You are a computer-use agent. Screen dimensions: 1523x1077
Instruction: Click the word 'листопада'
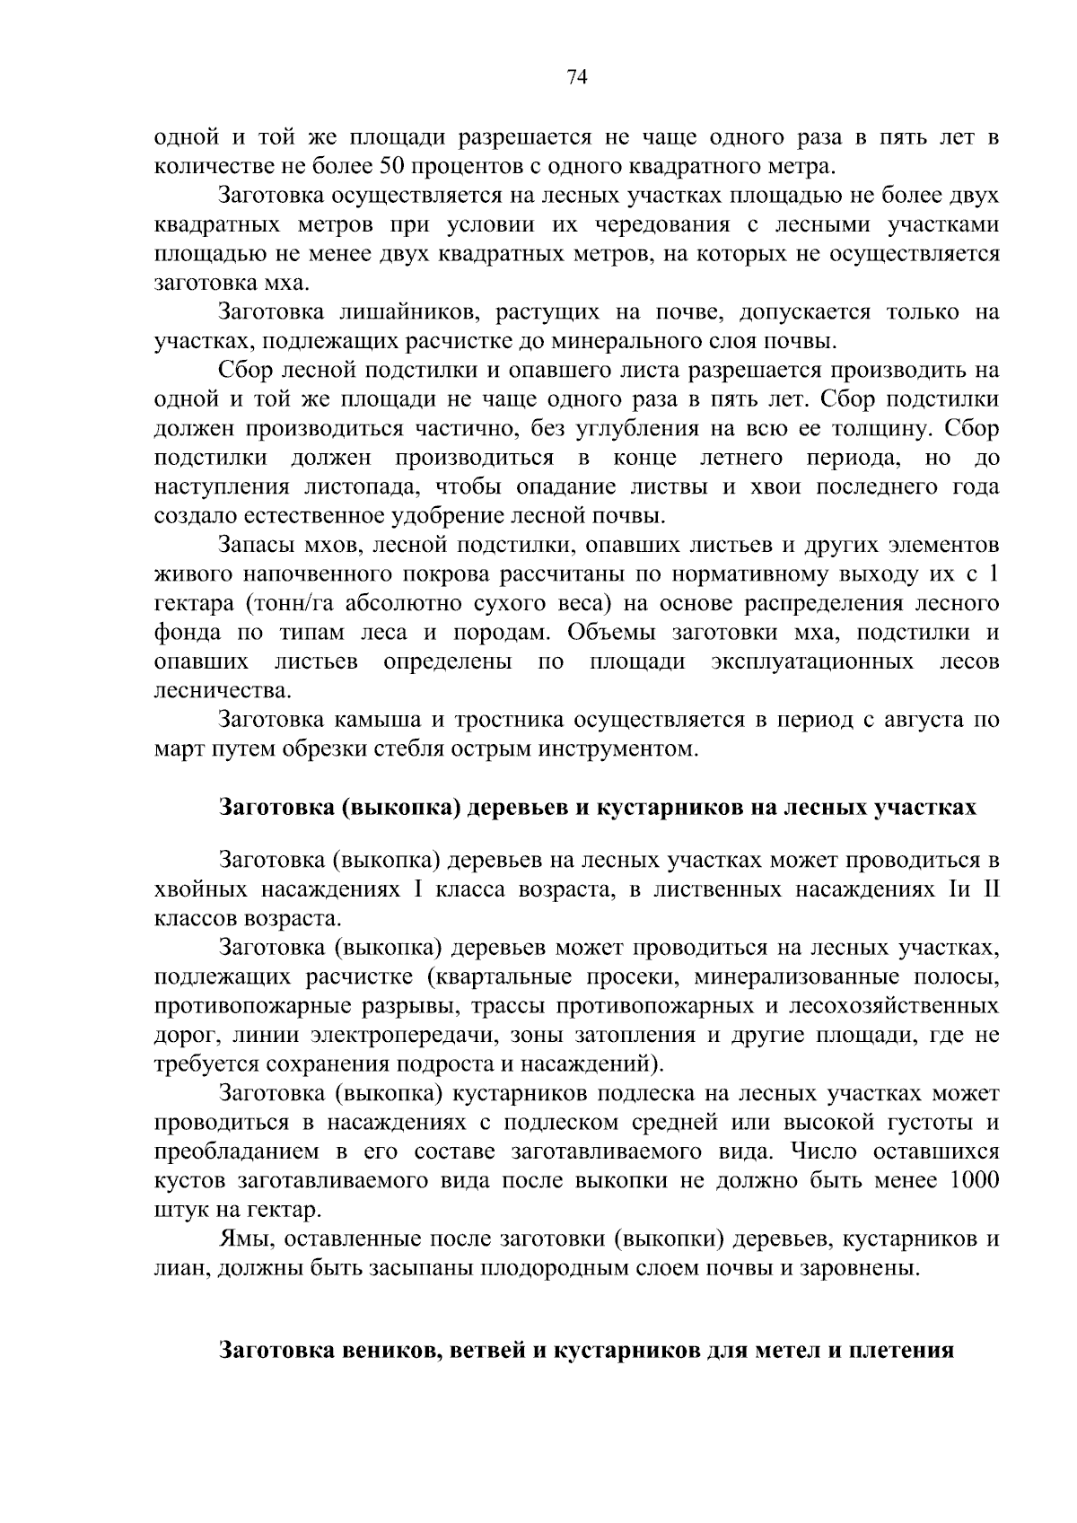(365, 487)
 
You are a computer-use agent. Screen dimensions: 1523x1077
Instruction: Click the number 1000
(974, 1180)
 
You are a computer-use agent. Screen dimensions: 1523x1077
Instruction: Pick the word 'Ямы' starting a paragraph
(239, 1239)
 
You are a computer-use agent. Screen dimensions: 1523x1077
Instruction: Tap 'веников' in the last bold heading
(388, 1351)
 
